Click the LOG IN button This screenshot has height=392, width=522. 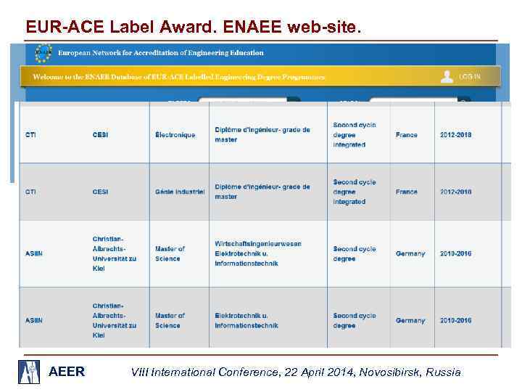tap(462, 76)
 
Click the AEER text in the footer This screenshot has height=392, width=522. tap(67, 372)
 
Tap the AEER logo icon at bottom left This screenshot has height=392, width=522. tap(30, 371)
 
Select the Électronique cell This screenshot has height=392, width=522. tap(175, 135)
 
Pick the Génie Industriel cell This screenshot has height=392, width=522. tap(180, 192)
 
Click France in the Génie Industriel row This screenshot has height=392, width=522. tap(407, 192)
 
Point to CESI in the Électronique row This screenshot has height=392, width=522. tap(100, 135)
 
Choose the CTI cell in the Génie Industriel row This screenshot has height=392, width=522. tap(31, 192)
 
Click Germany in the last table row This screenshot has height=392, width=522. tap(410, 320)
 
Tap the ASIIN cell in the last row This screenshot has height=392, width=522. tap(34, 320)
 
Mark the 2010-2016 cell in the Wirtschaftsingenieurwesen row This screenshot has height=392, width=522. tap(455, 253)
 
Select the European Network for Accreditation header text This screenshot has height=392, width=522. tap(161, 53)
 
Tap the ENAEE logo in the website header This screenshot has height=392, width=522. tap(43, 52)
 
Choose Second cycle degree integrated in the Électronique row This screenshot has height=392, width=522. tap(355, 135)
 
